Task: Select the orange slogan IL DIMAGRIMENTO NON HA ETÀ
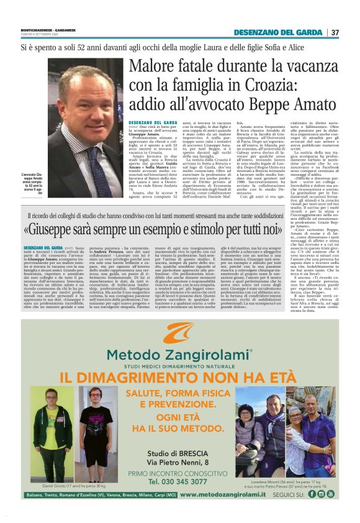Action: (179, 379)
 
